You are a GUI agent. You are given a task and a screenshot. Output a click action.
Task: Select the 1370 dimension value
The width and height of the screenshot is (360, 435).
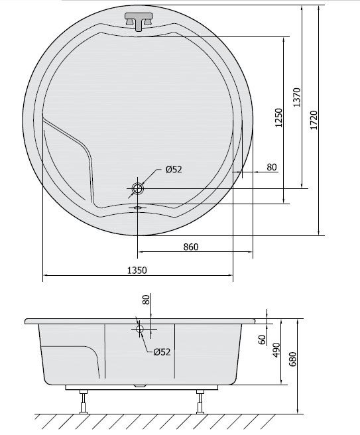(x=297, y=97)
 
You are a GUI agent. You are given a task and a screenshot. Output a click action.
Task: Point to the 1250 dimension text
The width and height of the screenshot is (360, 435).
(x=278, y=117)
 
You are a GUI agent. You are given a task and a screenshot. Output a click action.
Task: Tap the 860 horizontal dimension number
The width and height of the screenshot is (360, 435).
(x=190, y=247)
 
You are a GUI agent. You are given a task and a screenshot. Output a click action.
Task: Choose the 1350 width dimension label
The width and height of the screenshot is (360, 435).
(x=136, y=270)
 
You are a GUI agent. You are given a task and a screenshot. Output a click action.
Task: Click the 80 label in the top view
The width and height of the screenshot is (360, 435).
(x=271, y=167)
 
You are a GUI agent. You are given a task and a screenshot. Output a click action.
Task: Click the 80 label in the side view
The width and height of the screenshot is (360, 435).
(x=147, y=300)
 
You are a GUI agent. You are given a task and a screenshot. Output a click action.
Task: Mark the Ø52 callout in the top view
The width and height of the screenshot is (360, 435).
(x=173, y=170)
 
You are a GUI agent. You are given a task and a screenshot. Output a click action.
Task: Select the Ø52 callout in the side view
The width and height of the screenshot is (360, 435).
(x=162, y=351)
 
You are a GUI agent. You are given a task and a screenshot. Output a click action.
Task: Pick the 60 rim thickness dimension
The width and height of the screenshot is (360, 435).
(x=262, y=340)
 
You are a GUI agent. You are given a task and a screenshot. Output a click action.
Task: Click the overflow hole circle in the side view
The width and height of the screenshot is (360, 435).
(x=140, y=328)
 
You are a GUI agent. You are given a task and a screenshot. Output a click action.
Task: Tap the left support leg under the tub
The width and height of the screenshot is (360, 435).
(x=84, y=401)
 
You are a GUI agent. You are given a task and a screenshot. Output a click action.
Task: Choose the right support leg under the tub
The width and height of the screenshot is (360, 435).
(x=199, y=401)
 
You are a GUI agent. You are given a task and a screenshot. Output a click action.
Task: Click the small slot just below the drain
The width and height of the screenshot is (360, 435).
(x=137, y=207)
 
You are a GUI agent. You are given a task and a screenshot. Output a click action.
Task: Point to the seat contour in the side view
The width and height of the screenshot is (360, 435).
(x=93, y=358)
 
